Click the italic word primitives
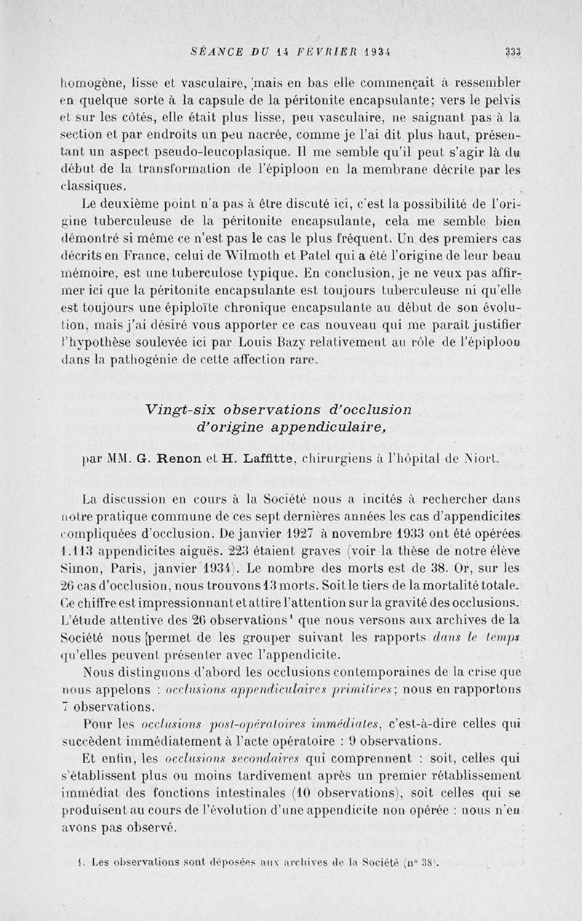click(365, 689)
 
